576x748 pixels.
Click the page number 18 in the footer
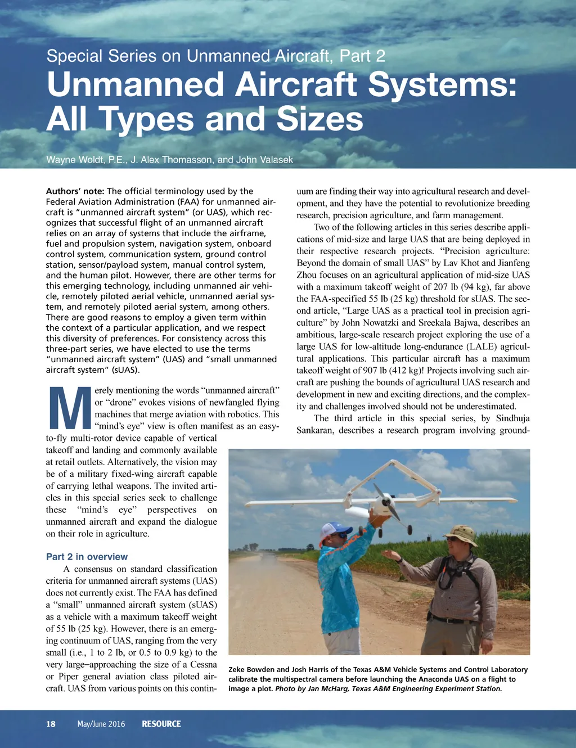pyautogui.click(x=51, y=724)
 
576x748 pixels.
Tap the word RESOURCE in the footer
pyautogui.click(x=161, y=724)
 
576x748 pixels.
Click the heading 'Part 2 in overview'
pyautogui.click(x=87, y=557)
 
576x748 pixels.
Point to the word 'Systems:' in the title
pyautogui.click(x=442, y=85)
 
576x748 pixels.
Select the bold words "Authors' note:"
pyautogui.click(x=75, y=191)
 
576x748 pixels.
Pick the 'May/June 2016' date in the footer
pyautogui.click(x=101, y=724)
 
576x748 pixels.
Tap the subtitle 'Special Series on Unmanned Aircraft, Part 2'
pyautogui.click(x=215, y=56)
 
